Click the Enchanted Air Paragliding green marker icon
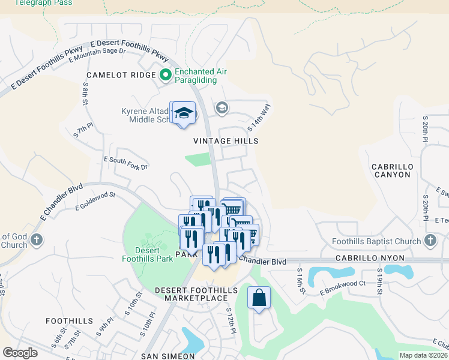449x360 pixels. click(x=166, y=76)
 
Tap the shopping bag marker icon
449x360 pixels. click(x=259, y=298)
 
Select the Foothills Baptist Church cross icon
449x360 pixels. click(x=429, y=241)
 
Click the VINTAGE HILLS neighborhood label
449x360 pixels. click(x=226, y=141)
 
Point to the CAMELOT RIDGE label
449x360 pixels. click(x=121, y=76)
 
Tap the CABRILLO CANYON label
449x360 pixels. click(x=391, y=170)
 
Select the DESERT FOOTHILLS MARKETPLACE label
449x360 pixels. click(x=191, y=294)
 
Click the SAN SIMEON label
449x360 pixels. click(x=166, y=356)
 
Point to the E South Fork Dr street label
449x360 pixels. click(x=125, y=163)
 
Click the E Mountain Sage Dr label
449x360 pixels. click(x=97, y=55)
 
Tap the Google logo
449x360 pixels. click(x=20, y=353)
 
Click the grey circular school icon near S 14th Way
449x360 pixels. click(x=221, y=108)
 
